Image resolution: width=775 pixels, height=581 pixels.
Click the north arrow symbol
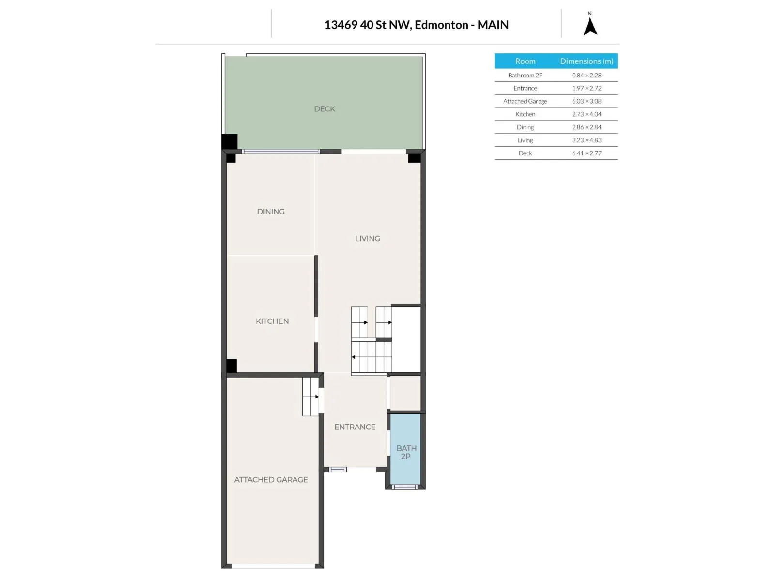(x=589, y=27)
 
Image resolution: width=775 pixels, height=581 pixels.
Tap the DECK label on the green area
(x=324, y=109)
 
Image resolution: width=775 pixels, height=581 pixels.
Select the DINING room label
(x=270, y=211)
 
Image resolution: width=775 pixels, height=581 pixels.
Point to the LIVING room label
(x=367, y=239)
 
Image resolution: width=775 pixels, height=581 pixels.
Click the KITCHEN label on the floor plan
(x=272, y=321)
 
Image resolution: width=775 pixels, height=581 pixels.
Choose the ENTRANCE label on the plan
(x=355, y=427)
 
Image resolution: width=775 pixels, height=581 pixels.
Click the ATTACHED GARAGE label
(x=271, y=479)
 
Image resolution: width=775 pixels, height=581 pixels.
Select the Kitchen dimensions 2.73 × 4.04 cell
(x=586, y=114)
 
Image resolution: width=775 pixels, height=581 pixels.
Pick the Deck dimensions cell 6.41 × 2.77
(x=586, y=153)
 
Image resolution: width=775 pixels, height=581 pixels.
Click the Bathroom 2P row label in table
(x=525, y=75)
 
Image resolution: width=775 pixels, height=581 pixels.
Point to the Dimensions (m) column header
(x=586, y=61)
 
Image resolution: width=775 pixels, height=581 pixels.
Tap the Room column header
(x=525, y=61)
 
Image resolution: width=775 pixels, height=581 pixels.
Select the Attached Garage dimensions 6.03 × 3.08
(x=586, y=101)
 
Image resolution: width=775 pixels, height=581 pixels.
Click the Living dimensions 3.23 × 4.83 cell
(x=586, y=140)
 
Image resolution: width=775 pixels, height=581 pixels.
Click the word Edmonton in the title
(x=441, y=25)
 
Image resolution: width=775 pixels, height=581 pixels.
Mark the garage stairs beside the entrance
(x=310, y=397)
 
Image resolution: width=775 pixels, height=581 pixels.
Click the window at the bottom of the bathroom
(x=404, y=487)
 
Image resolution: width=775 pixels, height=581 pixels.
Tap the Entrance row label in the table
(x=525, y=88)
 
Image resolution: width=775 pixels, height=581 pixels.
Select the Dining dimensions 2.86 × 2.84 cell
(x=586, y=127)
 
